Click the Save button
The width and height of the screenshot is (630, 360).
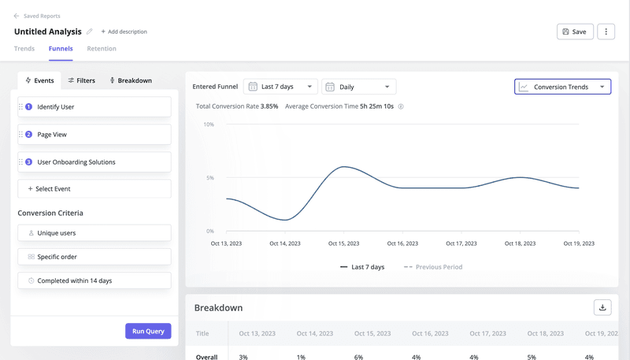(575, 32)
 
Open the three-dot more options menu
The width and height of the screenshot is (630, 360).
(606, 32)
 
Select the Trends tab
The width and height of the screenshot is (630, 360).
(24, 49)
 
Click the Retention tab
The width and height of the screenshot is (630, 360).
(102, 49)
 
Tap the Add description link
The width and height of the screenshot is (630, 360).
(124, 32)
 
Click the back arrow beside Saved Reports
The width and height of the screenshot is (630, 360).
(17, 16)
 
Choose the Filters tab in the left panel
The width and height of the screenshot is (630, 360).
(82, 80)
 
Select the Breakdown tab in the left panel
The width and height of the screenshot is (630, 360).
(131, 80)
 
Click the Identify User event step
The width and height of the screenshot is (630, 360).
(94, 107)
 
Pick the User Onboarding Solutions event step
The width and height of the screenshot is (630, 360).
(94, 162)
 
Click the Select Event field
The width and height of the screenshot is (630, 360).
(94, 189)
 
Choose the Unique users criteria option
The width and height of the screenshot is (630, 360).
(94, 233)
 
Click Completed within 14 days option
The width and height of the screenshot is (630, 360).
(94, 280)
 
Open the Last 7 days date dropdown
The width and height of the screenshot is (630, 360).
(280, 87)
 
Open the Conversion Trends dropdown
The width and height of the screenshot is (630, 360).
(562, 87)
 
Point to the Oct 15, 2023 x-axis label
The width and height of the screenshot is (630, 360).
(343, 243)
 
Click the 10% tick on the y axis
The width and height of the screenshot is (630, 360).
(209, 124)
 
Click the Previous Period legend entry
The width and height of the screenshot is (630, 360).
(433, 267)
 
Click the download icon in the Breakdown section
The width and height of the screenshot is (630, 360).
(602, 307)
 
